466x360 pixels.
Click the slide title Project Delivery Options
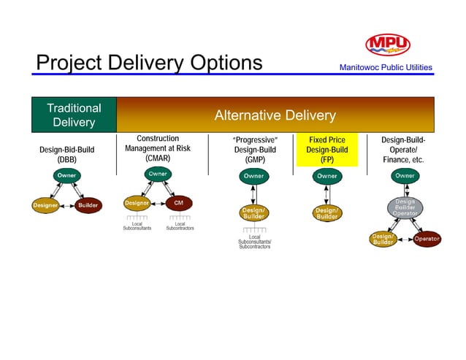pos(149,64)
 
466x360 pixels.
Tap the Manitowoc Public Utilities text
pos(385,68)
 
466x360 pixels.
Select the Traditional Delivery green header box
pos(74,115)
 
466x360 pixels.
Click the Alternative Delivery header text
pos(275,116)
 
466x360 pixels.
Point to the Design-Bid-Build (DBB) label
pos(66,154)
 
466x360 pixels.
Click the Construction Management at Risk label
pos(157,148)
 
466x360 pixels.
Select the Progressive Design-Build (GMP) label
pos(254,150)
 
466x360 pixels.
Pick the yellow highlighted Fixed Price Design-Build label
pos(327,150)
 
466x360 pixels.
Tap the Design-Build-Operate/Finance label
pos(403,149)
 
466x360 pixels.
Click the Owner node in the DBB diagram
pos(66,176)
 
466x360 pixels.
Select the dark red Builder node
pos(88,205)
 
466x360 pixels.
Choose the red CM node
pos(178,202)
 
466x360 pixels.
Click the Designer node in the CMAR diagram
pos(137,202)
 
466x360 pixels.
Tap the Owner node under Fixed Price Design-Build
pos(326,176)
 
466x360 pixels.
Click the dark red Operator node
pos(426,239)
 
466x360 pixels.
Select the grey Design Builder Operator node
pos(405,207)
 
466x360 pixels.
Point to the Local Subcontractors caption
pos(180,226)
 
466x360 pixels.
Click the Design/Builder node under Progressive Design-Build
pos(253,212)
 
